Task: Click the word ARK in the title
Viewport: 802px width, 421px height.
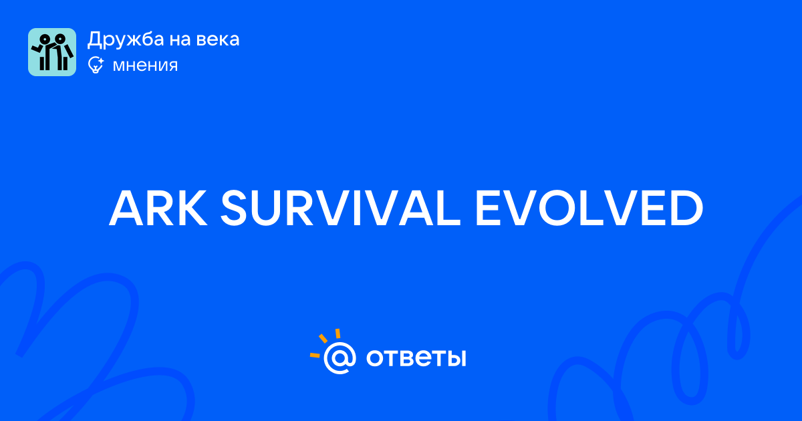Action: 158,208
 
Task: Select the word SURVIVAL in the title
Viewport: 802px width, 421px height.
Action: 340,208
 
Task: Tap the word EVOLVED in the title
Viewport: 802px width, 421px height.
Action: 589,208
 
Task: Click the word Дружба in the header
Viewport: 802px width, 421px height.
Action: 126,39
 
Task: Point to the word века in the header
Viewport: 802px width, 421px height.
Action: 218,40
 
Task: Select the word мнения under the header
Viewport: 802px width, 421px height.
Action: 145,65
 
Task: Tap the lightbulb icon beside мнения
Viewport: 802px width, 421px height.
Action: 96,65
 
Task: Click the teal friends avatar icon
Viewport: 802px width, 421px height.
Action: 52,52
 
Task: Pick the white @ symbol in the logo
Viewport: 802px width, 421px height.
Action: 340,358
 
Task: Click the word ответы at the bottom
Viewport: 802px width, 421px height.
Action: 416,358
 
